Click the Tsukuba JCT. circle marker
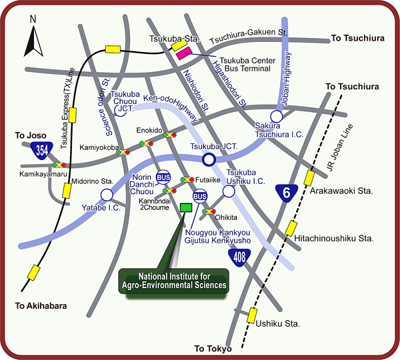click(x=209, y=159)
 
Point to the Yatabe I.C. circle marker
click(x=106, y=195)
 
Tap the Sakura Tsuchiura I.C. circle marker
click(x=276, y=116)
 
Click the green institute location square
click(x=186, y=207)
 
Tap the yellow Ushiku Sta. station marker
click(x=253, y=315)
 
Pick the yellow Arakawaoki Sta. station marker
click(x=309, y=178)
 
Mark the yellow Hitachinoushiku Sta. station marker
click(x=291, y=229)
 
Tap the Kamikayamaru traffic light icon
click(x=61, y=165)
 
